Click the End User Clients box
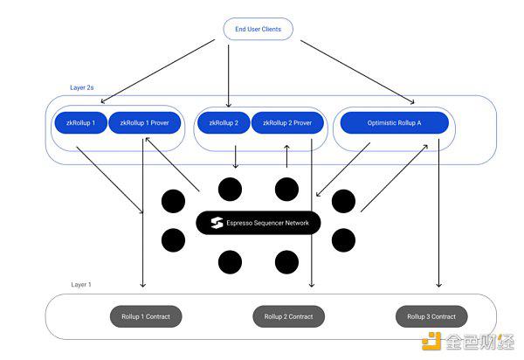coord(258,29)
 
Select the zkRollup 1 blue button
coord(80,122)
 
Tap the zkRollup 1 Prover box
coord(144,122)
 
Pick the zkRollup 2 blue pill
coord(224,122)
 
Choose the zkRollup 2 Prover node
coord(287,122)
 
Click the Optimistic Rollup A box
coord(395,122)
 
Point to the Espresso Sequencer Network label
coord(267,223)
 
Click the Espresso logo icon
coord(217,223)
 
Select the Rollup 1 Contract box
coord(146,316)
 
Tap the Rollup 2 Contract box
coord(289,316)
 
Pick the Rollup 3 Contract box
coord(431,316)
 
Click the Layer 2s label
coord(81,87)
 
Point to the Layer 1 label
coord(81,285)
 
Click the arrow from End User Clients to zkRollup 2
coord(229,76)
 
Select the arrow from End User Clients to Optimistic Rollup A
coord(357,73)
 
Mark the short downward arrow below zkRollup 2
coord(236,156)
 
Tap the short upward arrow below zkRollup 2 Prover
coord(286,156)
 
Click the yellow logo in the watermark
coord(431,341)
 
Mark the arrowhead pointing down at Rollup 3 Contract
coord(438,285)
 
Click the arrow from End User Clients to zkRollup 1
coord(158,72)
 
